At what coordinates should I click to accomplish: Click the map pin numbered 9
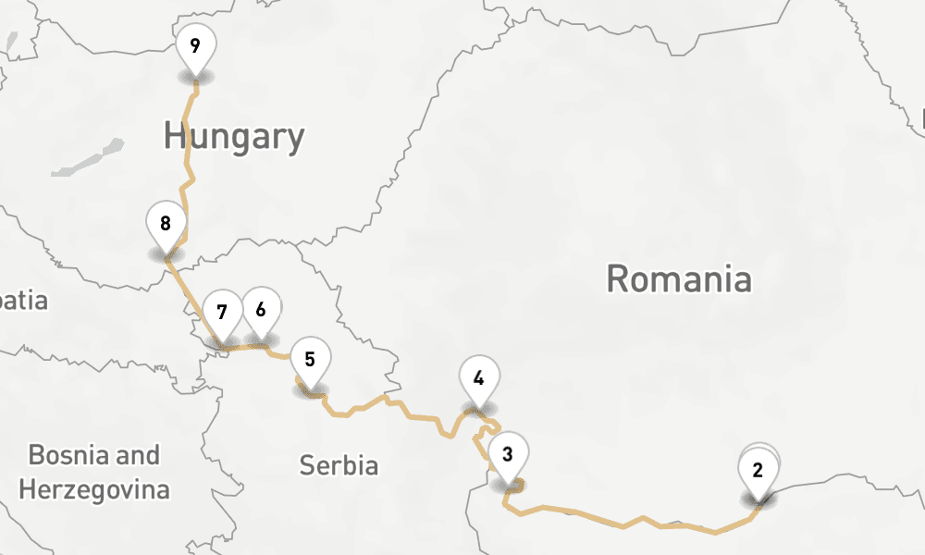coord(196,46)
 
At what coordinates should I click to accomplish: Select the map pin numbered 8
coord(166,224)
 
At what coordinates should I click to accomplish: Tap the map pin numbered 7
coord(222,312)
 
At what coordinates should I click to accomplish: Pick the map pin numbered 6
coord(262,309)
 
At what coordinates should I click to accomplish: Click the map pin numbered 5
coord(310,359)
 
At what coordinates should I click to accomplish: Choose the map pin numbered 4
coord(479,378)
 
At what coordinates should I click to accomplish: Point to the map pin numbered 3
coord(508,454)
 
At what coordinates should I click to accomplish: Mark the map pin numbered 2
coord(758,470)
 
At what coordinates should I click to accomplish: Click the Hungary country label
coord(234,137)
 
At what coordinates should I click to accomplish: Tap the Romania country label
coord(679,277)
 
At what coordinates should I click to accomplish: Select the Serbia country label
coord(339,464)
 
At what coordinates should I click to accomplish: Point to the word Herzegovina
coord(94,488)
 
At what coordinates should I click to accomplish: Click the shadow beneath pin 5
coord(311,390)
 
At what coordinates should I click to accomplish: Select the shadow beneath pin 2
coord(758,499)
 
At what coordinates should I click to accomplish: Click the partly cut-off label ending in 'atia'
coord(22,301)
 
